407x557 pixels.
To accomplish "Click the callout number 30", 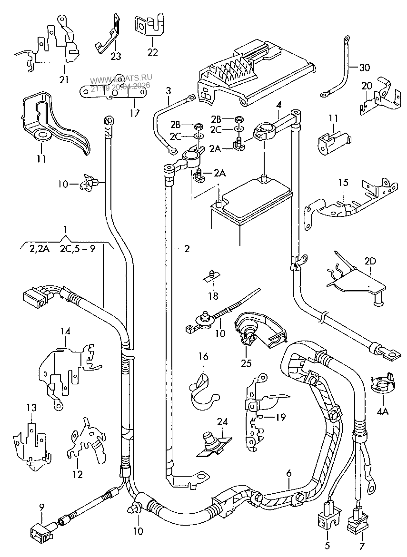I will point(365,68).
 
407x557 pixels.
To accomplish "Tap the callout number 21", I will point(64,79).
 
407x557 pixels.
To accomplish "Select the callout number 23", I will point(116,56).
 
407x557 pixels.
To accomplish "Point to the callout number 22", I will point(152,52).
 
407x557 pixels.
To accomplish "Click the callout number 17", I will point(135,113).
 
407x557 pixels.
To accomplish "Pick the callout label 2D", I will point(370,261).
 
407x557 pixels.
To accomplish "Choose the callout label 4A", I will point(383,411).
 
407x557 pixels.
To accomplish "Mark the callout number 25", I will point(246,364).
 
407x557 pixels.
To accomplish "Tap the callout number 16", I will point(203,356).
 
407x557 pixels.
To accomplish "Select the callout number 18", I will point(213,296).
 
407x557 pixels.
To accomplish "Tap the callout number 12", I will point(77,474).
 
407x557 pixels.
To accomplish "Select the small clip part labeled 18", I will point(213,275).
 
